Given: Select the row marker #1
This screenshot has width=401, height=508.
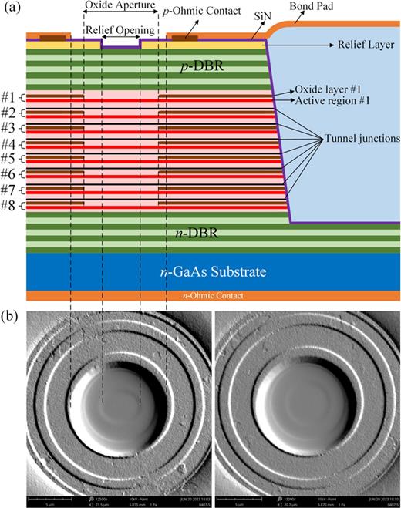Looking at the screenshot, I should coord(10,96).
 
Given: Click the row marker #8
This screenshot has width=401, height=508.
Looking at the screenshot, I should coord(10,205).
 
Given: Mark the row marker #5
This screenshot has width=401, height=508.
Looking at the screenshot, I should coord(10,159).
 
